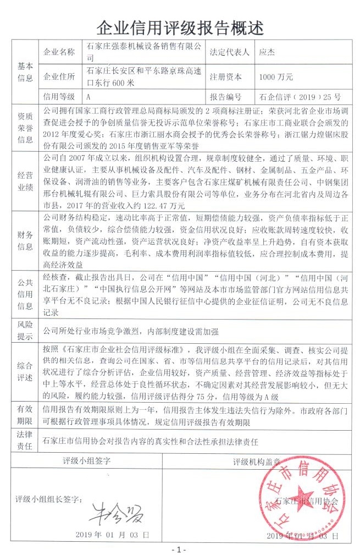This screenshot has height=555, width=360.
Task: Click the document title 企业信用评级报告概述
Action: [x=180, y=26]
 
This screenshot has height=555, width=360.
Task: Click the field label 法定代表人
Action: [x=230, y=52]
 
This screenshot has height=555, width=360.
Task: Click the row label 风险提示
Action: [x=26, y=330]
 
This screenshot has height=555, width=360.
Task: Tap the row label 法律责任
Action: [x=26, y=441]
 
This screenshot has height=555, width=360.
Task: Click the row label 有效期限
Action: [x=26, y=415]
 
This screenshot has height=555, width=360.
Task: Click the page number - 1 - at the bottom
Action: [x=179, y=549]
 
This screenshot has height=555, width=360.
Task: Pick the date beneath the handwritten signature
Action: [x=112, y=534]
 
